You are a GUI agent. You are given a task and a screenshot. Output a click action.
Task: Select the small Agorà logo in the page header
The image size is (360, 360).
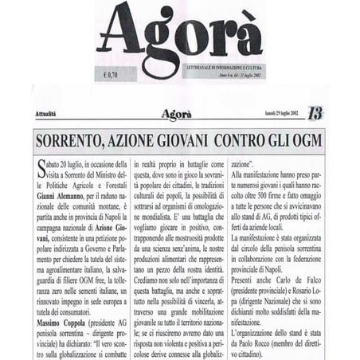tap(176, 114)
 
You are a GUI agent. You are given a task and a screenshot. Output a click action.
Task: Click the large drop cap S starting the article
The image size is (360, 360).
tap(41, 166)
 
